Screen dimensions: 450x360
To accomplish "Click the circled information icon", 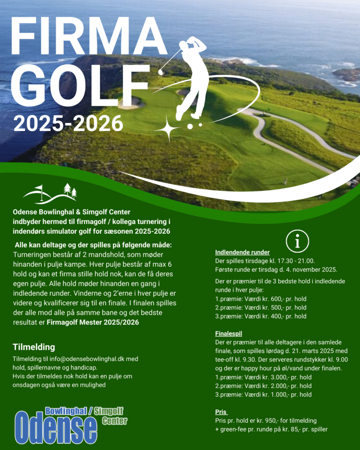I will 298,241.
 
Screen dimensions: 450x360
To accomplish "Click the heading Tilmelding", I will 34,347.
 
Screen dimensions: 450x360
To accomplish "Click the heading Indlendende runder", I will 242,252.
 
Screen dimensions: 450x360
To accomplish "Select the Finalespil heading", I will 229,334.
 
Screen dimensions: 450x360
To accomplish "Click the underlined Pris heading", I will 221,412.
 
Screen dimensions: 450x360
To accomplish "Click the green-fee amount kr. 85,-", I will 300,429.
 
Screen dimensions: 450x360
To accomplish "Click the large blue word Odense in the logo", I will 56,428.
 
